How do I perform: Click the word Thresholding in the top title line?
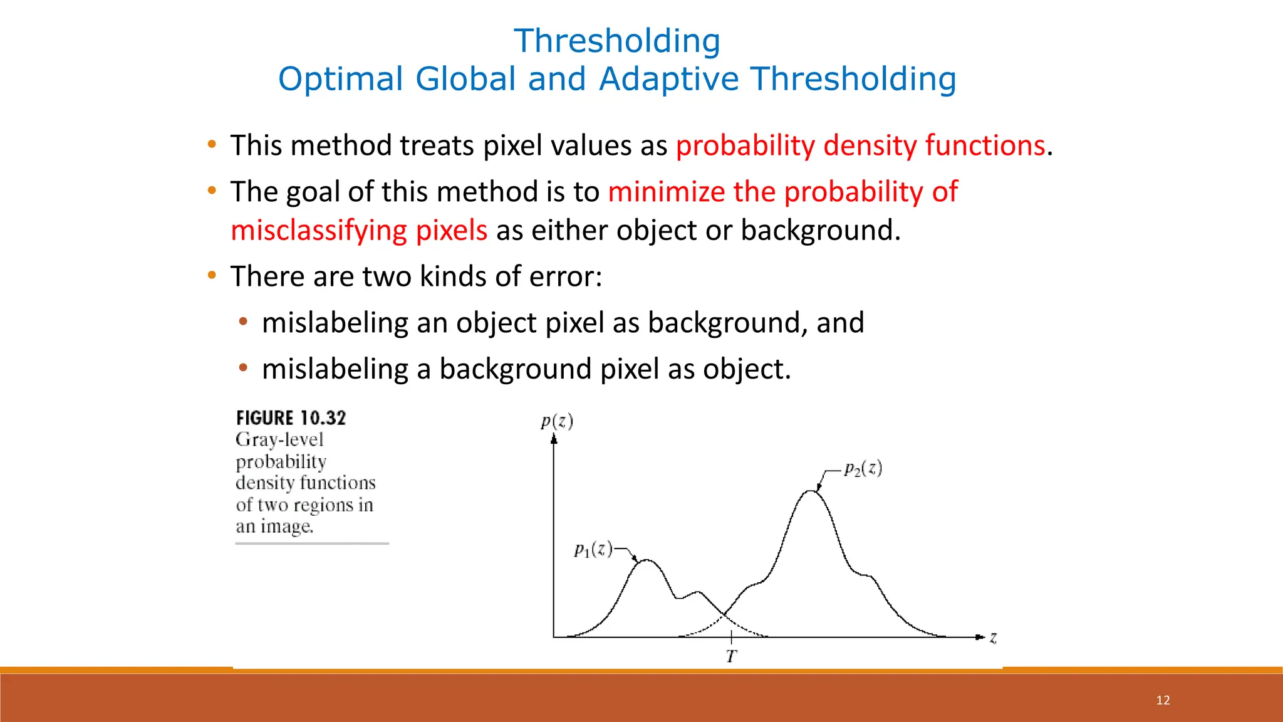pyautogui.click(x=617, y=41)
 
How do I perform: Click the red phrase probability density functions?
pyautogui.click(x=860, y=145)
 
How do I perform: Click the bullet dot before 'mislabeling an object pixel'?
pyautogui.click(x=243, y=322)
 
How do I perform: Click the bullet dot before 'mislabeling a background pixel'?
pyautogui.click(x=243, y=369)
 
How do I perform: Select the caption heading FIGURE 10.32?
pyautogui.click(x=291, y=418)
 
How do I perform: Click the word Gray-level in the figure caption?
pyautogui.click(x=279, y=440)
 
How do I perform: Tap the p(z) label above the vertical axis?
pyautogui.click(x=557, y=421)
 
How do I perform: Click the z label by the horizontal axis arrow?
pyautogui.click(x=993, y=638)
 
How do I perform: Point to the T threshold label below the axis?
pyautogui.click(x=731, y=657)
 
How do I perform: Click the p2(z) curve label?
pyautogui.click(x=863, y=469)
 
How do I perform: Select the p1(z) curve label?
pyautogui.click(x=593, y=550)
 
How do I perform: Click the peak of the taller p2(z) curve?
pyautogui.click(x=811, y=491)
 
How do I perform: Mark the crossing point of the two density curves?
pyautogui.click(x=725, y=615)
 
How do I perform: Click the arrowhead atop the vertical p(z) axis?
pyautogui.click(x=554, y=439)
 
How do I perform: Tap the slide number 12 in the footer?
pyautogui.click(x=1163, y=700)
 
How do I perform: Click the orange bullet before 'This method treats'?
pyautogui.click(x=212, y=145)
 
